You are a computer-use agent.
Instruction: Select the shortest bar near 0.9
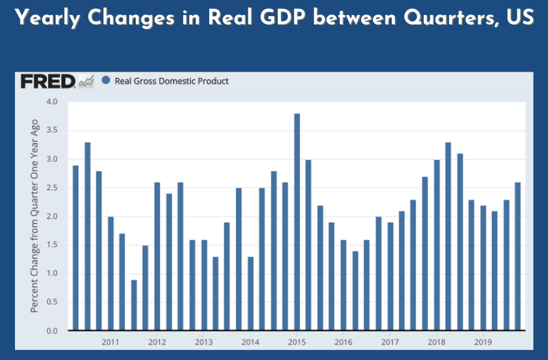coord(134,305)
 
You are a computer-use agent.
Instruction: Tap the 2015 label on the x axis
coord(297,342)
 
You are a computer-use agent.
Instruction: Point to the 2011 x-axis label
coord(111,342)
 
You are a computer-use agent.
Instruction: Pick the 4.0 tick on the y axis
coord(52,102)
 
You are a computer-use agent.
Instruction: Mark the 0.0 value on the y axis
coord(52,331)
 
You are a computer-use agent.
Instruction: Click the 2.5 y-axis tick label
coord(52,187)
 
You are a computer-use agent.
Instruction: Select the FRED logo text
coord(48,81)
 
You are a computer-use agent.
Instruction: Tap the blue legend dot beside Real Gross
coord(106,80)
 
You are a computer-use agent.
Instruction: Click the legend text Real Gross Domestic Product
coord(172,81)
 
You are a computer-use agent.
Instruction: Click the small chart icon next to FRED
coord(86,81)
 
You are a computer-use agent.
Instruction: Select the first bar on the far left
coord(76,247)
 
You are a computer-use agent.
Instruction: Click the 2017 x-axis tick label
coord(390,342)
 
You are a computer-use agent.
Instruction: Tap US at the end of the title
coord(520,18)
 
